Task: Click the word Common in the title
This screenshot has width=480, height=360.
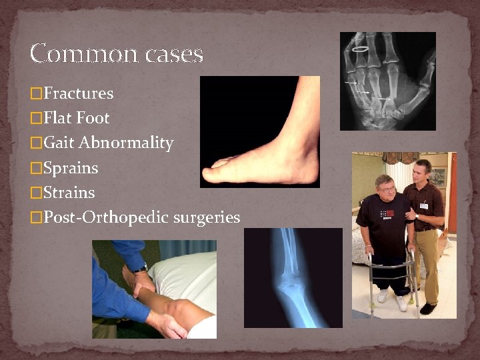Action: point(73,53)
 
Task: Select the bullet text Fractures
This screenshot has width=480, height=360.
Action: point(78,93)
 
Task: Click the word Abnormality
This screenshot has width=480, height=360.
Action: point(126,143)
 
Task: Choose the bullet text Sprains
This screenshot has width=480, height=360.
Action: point(71,168)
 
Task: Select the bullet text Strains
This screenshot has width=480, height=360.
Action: point(69,193)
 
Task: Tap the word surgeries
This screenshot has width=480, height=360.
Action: point(207,217)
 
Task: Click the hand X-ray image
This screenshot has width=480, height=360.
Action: point(387,81)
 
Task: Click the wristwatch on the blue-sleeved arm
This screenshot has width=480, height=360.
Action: point(141,269)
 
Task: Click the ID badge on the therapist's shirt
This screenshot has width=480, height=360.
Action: point(423,206)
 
